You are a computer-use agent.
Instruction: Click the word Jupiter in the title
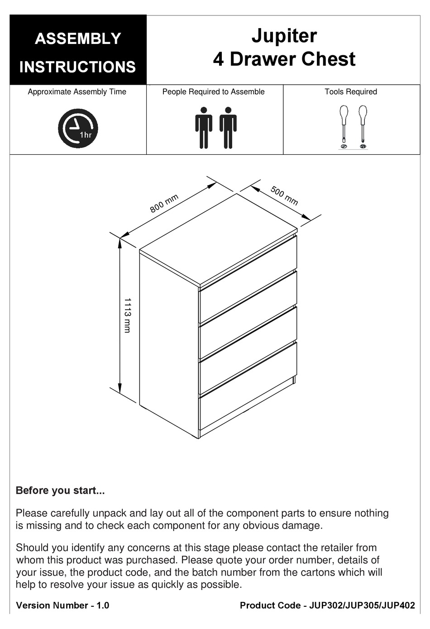click(x=284, y=36)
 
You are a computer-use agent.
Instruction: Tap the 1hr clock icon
click(x=78, y=128)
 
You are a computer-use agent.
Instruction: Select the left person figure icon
click(x=204, y=128)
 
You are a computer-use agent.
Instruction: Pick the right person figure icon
click(x=228, y=128)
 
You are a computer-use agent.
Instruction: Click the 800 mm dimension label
click(x=164, y=203)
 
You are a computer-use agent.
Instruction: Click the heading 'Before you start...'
click(x=60, y=491)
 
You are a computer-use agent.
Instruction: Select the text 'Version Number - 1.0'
click(x=62, y=605)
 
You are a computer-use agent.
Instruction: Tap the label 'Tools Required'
click(x=351, y=92)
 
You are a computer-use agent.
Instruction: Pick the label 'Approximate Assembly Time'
click(x=77, y=92)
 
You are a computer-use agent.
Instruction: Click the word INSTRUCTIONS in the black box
click(x=77, y=67)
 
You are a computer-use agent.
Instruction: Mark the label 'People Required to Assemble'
click(x=213, y=92)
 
